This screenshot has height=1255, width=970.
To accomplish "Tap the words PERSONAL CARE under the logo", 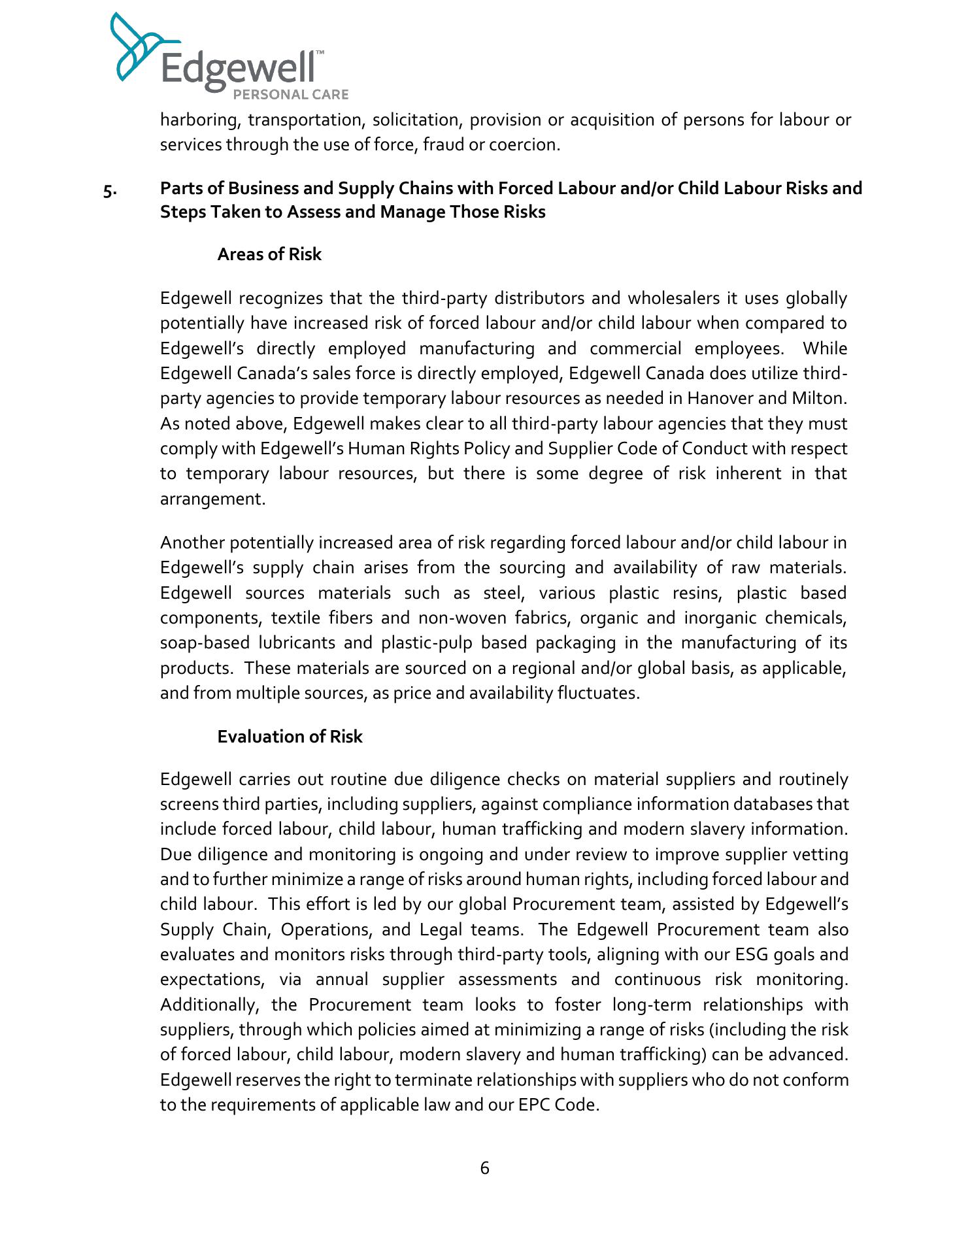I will [x=291, y=95].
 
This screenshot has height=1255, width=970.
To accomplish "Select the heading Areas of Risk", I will [x=269, y=254].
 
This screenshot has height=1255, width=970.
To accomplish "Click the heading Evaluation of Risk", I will [x=290, y=737].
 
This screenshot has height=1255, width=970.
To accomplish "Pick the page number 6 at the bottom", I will [x=484, y=1168].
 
